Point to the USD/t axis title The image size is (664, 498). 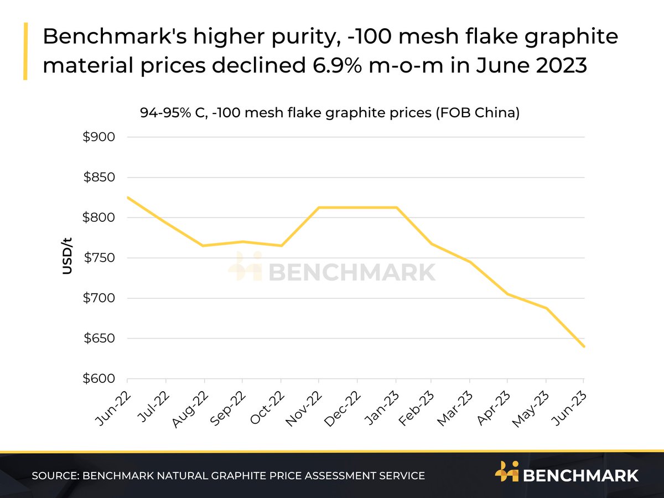click(x=68, y=255)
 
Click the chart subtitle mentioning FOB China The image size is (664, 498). click(x=330, y=113)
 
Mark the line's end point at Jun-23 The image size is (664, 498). click(x=584, y=347)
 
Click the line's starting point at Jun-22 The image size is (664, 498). click(x=128, y=198)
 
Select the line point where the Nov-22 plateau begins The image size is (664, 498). click(x=319, y=207)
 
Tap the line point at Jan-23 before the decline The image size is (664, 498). click(x=396, y=207)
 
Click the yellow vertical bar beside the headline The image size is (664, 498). click(x=25, y=51)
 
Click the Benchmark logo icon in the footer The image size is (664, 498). click(x=506, y=474)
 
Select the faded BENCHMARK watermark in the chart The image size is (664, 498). click(x=332, y=271)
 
